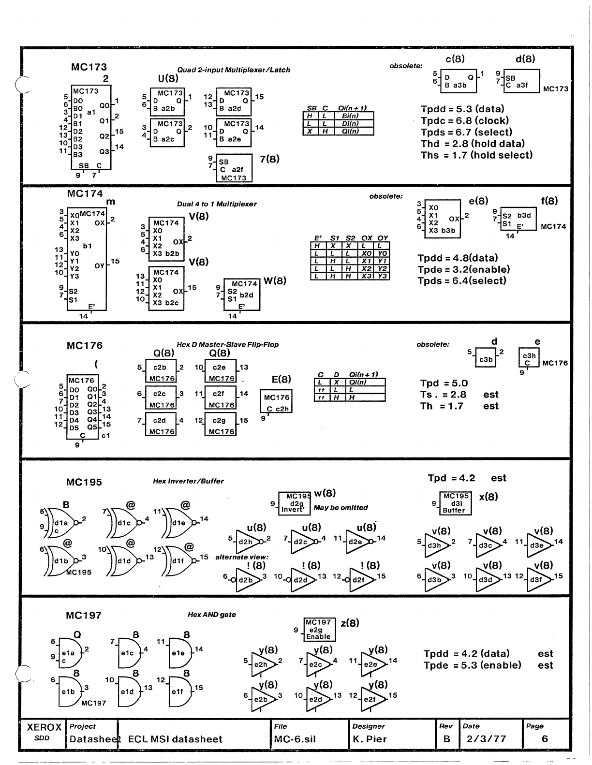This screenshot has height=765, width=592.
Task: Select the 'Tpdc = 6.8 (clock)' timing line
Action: click(464, 121)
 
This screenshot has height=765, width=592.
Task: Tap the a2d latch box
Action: click(234, 101)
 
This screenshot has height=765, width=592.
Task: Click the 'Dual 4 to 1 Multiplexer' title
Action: click(217, 204)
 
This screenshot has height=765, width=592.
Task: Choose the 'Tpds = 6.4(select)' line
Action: click(462, 281)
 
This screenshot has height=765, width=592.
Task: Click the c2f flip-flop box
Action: click(221, 398)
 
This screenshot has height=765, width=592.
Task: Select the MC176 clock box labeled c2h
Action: click(276, 401)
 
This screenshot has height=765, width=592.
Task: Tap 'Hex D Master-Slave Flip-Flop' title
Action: click(227, 345)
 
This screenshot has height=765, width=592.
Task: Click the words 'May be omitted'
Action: click(340, 508)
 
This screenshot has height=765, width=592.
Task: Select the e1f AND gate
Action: click(178, 691)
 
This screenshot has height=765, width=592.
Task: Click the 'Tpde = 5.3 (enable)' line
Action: click(472, 665)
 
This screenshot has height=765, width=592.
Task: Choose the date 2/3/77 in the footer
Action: click(486, 739)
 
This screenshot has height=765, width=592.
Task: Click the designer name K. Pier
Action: click(370, 739)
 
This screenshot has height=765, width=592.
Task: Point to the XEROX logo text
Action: click(44, 727)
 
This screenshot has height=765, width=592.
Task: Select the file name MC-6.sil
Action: click(295, 739)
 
